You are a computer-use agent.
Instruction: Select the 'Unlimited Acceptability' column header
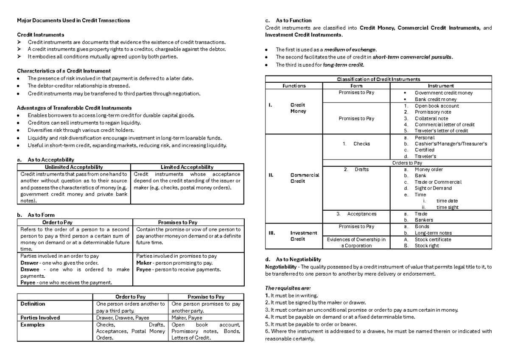pyautogui.click(x=75, y=167)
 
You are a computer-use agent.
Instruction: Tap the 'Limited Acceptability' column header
pyautogui.click(x=187, y=167)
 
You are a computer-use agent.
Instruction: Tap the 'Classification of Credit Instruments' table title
pyautogui.click(x=378, y=79)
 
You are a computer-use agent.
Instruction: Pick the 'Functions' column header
pyautogui.click(x=294, y=86)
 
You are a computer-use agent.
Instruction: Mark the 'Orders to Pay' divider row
pyautogui.click(x=407, y=162)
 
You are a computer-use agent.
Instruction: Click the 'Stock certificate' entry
pyautogui.click(x=433, y=239)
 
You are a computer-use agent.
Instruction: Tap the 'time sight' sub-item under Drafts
pyautogui.click(x=447, y=207)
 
